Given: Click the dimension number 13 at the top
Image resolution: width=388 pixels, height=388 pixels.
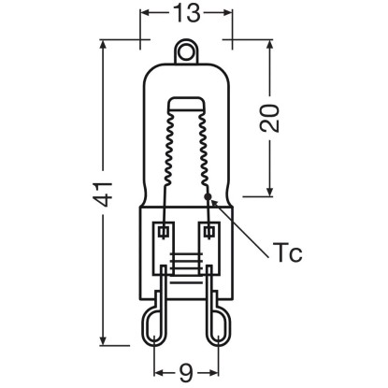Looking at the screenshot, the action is [x=186, y=12].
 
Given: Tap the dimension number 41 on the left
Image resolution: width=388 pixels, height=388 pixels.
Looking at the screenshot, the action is [x=104, y=194].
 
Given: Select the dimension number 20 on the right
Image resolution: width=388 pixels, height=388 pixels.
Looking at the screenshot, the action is [x=269, y=119].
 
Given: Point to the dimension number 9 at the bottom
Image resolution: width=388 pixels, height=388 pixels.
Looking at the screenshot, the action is [x=186, y=373].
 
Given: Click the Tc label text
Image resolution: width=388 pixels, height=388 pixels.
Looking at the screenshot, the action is [x=287, y=251].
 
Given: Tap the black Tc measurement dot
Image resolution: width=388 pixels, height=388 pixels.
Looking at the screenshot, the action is [x=208, y=196].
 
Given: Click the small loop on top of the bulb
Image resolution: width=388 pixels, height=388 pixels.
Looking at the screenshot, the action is [x=186, y=51].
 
